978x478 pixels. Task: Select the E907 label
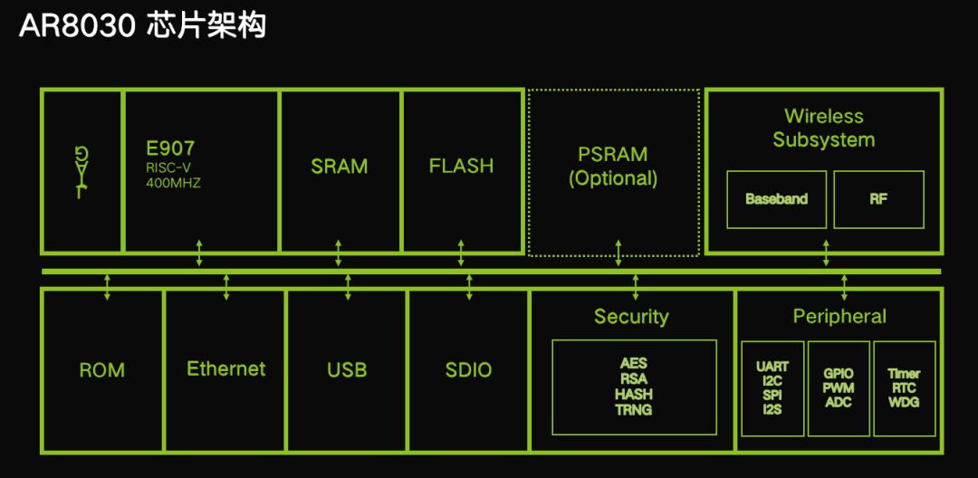coord(170,148)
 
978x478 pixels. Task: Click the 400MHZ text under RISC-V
coord(173,183)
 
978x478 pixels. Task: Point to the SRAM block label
coord(340,167)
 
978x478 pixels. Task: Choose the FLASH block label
coord(461,167)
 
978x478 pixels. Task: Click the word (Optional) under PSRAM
coord(613,178)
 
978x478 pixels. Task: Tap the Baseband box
coord(776,199)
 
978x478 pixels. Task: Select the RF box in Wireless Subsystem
coord(878,199)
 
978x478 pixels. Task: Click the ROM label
coord(102,370)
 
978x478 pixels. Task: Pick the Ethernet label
coord(226,369)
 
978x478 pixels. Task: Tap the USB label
coord(347,370)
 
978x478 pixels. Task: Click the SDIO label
coord(468,370)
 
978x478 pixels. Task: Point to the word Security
coord(631,317)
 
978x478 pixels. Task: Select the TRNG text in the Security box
coord(634,410)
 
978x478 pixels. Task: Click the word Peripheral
coord(839,317)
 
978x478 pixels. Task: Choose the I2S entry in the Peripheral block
coord(772,410)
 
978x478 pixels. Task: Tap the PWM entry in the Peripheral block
coord(839,387)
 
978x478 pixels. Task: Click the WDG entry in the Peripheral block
coord(904,402)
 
